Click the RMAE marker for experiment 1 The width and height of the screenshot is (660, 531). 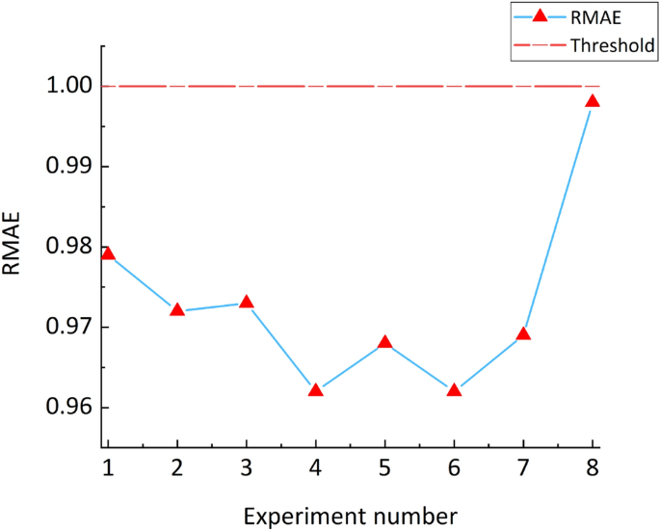(108, 254)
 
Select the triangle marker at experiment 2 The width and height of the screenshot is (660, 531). (177, 310)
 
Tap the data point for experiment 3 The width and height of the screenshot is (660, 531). (247, 303)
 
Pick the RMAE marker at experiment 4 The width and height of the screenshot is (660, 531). (316, 390)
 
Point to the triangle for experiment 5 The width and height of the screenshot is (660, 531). (385, 342)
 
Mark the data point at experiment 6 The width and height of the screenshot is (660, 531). (455, 390)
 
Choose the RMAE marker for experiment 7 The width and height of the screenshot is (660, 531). (524, 334)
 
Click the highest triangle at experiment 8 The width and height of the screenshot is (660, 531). (594, 101)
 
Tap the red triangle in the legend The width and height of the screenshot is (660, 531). (540, 16)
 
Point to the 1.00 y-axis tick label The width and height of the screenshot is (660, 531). (68, 87)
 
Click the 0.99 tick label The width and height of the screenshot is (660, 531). (68, 167)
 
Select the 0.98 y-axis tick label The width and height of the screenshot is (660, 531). (68, 247)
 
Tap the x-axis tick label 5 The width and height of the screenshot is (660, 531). (385, 467)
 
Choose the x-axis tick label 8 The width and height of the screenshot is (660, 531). (594, 467)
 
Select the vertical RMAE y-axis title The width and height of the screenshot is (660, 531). (13, 247)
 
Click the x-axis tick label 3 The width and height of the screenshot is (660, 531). (247, 467)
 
